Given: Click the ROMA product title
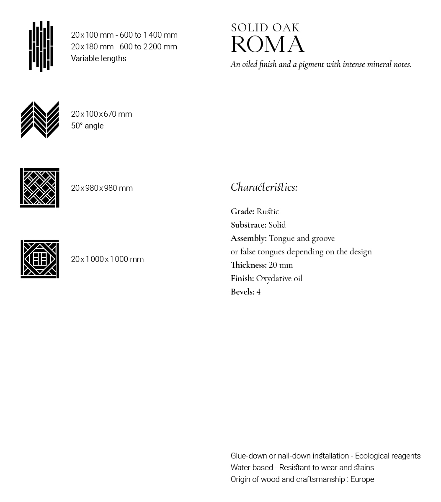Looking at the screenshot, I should [268, 45].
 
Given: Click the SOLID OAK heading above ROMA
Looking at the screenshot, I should [265, 28].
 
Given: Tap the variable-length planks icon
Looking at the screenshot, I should [41, 46].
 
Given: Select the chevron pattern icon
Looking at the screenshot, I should [40, 120].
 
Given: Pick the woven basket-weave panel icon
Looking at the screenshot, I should [40, 187].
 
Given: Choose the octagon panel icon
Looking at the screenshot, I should [40, 259].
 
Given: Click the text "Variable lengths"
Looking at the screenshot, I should [98, 59].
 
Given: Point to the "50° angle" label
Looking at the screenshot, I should [87, 126].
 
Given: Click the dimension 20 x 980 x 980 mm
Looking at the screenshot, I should [102, 188].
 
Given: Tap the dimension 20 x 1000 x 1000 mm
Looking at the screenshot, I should [107, 259].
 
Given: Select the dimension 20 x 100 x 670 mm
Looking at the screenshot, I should [101, 114].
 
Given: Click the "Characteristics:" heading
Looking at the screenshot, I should [264, 187].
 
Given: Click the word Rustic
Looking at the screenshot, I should [268, 212].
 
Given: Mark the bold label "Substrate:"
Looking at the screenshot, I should [248, 225].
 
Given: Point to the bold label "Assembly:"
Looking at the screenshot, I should [249, 238].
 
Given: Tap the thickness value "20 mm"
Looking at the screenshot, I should [281, 265].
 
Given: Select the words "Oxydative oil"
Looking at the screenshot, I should [279, 279].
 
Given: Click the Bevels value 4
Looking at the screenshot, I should [258, 292].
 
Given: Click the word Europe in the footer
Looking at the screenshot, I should [362, 479].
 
